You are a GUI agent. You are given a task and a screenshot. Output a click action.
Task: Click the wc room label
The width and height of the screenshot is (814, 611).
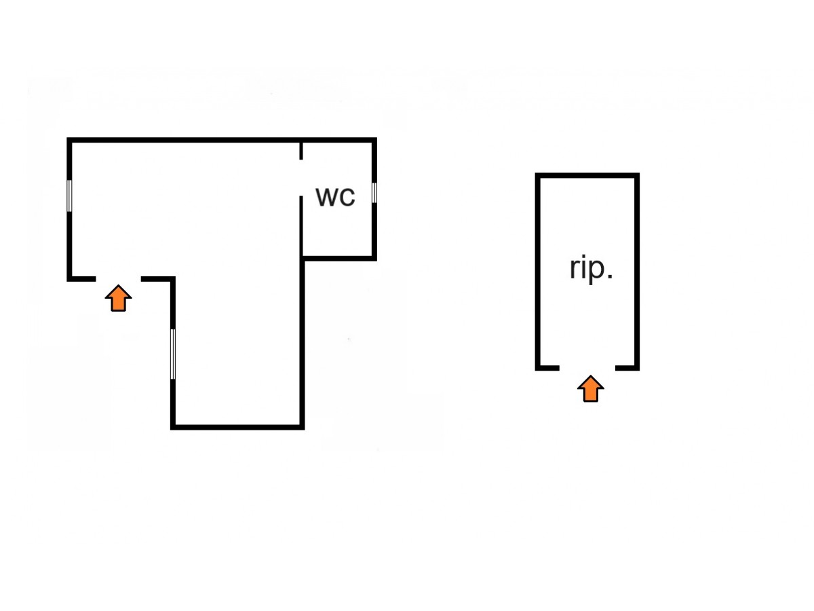tap(336, 197)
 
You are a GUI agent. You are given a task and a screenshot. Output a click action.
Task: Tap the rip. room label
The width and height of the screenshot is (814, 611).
tap(591, 270)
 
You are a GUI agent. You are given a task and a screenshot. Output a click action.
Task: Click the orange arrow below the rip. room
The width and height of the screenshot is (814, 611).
tap(591, 389)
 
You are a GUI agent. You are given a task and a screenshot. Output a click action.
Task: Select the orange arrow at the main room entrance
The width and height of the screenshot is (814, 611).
tap(119, 298)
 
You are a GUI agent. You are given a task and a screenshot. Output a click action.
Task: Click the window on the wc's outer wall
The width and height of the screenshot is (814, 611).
tap(374, 193)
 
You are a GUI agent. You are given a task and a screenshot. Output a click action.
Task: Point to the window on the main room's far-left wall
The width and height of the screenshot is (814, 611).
tap(69, 196)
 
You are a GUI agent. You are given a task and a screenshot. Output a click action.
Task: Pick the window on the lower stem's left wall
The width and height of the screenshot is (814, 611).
tap(173, 354)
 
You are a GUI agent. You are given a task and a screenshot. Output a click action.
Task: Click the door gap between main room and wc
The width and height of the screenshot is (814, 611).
tap(302, 178)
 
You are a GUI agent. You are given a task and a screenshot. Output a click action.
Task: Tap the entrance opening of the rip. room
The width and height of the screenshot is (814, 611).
tap(587, 368)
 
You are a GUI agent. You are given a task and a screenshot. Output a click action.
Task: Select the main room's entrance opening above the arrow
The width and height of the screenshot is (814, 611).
tap(118, 278)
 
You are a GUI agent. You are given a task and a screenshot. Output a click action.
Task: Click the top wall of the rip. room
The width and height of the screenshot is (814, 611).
tap(587, 175)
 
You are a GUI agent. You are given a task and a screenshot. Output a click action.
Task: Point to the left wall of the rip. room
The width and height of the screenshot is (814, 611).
tap(538, 272)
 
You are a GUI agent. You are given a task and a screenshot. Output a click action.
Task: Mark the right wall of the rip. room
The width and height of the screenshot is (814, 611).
tap(637, 272)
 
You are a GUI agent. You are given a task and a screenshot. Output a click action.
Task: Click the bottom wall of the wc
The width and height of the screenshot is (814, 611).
tap(338, 258)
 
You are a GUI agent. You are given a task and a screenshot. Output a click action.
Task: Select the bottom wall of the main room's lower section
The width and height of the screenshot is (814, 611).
tap(237, 426)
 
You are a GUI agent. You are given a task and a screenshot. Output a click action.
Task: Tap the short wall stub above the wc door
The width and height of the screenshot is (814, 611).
tap(302, 150)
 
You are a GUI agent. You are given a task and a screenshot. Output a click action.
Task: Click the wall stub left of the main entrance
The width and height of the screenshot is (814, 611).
tap(81, 278)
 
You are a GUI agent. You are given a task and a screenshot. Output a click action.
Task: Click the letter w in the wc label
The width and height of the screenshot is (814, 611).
tap(326, 198)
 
